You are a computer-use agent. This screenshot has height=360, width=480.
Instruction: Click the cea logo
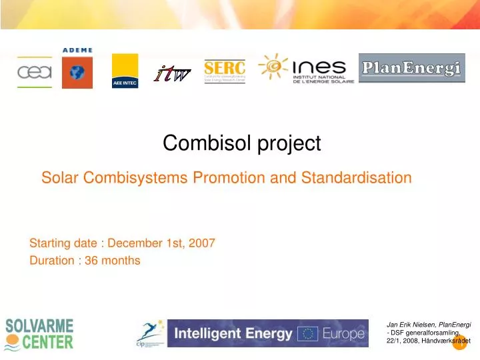click(x=34, y=72)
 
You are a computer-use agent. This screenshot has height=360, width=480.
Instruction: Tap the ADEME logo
click(x=77, y=67)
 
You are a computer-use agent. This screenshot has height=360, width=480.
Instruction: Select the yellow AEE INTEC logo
click(x=125, y=71)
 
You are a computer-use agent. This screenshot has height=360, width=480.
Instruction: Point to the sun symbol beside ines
click(x=273, y=65)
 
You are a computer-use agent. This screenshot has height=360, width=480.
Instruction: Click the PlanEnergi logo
click(x=411, y=68)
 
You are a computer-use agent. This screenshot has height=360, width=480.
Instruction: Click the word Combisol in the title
click(x=198, y=143)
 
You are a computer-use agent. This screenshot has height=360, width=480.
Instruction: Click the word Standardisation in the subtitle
click(x=356, y=178)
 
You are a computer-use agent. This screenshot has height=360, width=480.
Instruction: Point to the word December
click(x=137, y=243)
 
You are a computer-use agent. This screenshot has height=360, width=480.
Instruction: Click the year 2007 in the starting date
click(x=203, y=243)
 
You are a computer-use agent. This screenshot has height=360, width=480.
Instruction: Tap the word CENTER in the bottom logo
click(x=47, y=343)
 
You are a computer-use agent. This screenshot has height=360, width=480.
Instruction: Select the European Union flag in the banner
click(x=309, y=333)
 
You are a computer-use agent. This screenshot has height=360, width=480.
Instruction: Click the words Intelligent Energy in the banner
click(x=233, y=333)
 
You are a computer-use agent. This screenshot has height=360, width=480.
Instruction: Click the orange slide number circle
click(x=460, y=342)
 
